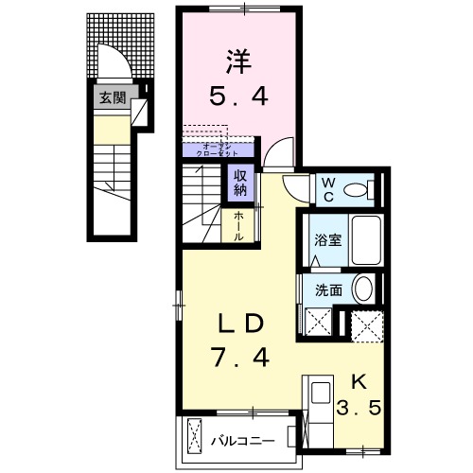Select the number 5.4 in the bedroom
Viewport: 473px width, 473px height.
point(237,96)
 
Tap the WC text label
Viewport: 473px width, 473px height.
point(325,189)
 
